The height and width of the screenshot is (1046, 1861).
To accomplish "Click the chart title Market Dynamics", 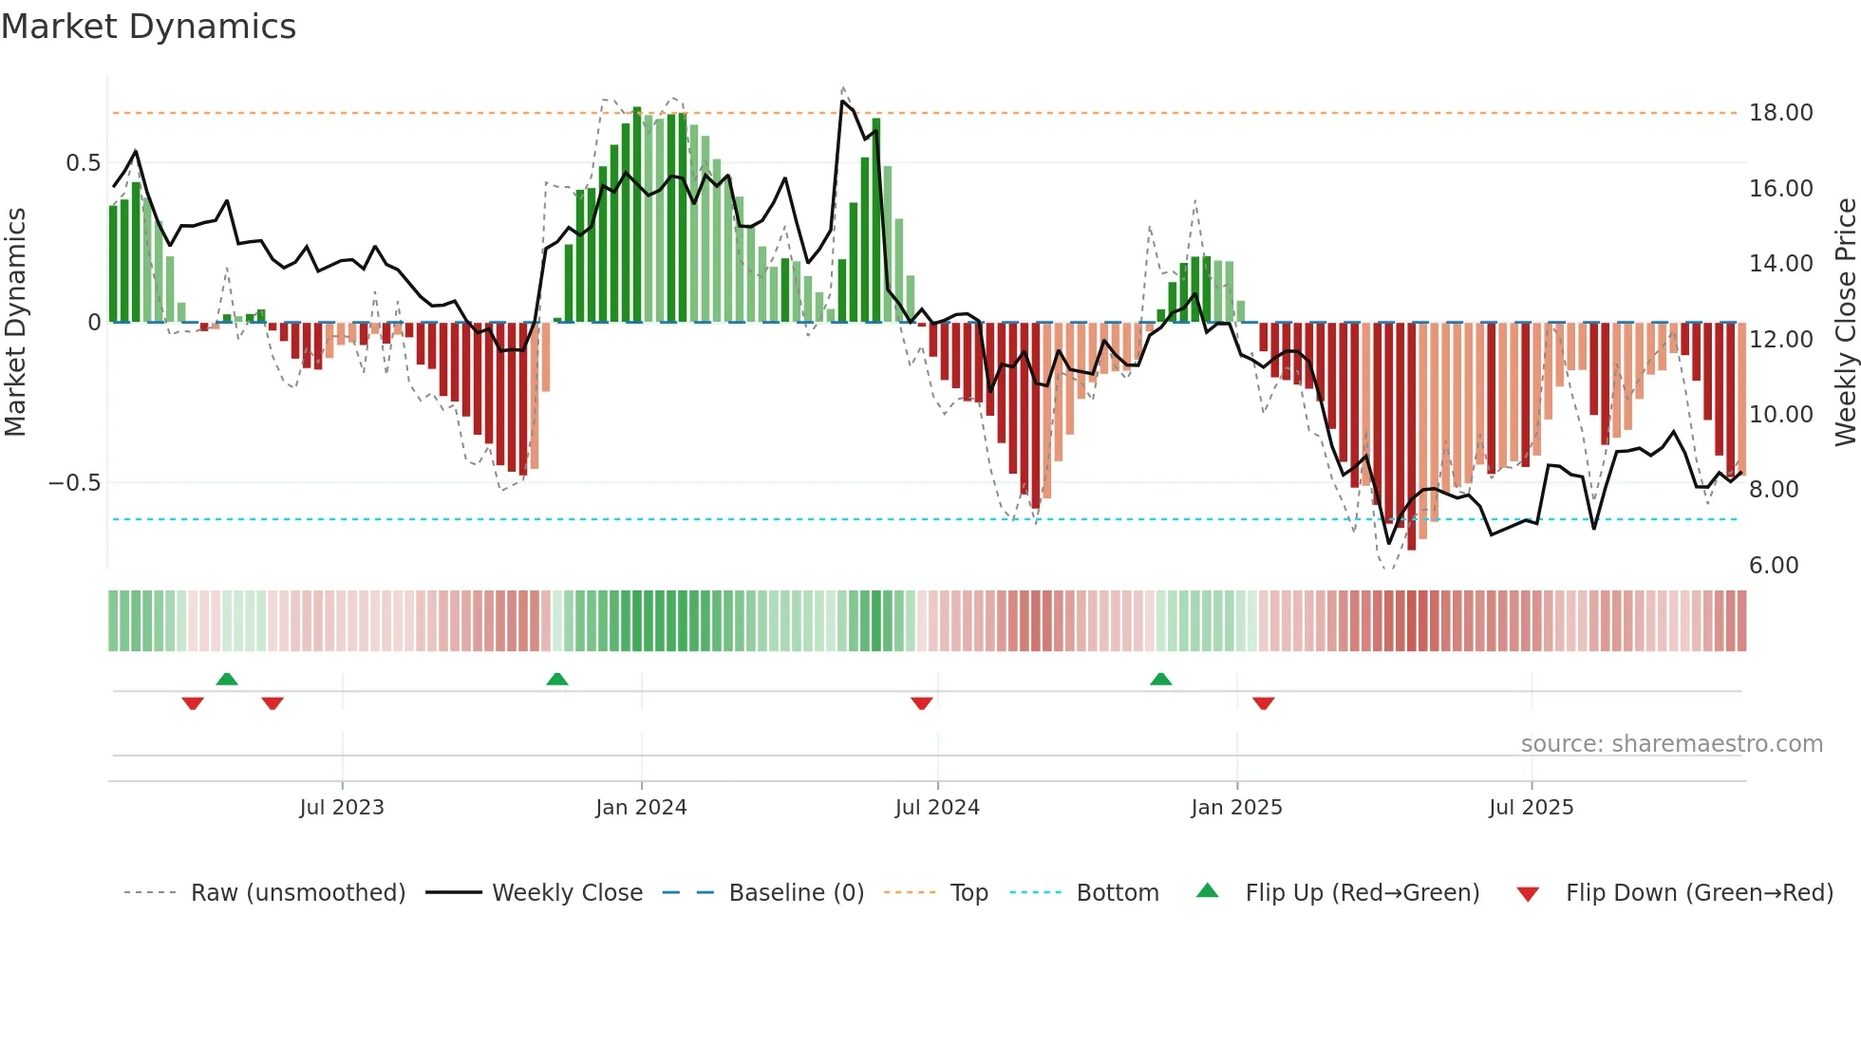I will (148, 27).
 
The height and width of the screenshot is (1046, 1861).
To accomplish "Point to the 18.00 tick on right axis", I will (1780, 113).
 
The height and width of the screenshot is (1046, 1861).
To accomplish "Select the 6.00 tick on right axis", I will (1774, 566).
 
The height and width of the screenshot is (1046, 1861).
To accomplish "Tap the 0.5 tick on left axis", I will (83, 163).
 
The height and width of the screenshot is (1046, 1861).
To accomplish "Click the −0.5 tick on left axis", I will (74, 483).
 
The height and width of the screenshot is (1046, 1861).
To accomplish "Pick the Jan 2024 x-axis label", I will (641, 808).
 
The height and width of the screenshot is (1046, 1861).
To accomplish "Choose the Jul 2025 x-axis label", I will (1531, 808).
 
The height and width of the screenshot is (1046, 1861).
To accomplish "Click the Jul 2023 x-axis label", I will (342, 808).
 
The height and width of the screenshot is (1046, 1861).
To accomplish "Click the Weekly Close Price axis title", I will (1845, 322).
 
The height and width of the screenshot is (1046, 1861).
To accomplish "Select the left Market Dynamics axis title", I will (15, 322).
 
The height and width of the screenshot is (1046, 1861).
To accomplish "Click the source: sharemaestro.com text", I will (1671, 744).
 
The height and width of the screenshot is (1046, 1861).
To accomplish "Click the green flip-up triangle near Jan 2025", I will (1160, 679).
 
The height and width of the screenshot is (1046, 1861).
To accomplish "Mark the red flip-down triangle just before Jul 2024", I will (921, 703).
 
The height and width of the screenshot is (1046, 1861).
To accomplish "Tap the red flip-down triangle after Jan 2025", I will (1263, 703).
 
